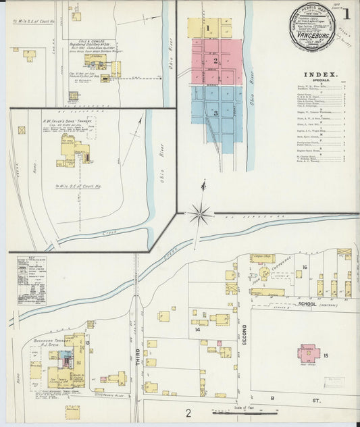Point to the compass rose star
click(x=199, y=216)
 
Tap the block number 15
click(x=326, y=355)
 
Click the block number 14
click(x=198, y=330)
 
